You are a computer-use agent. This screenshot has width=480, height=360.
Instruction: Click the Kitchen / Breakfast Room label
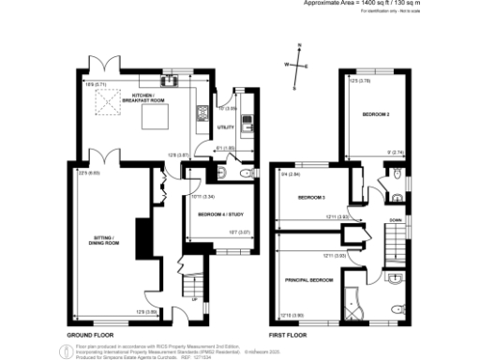[x=149, y=97]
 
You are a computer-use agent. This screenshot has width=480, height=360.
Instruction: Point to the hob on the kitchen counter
[x=199, y=113]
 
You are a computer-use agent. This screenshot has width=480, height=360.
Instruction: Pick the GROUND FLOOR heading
[x=90, y=334]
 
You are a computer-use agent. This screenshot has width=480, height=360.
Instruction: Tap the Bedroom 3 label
[x=311, y=199]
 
